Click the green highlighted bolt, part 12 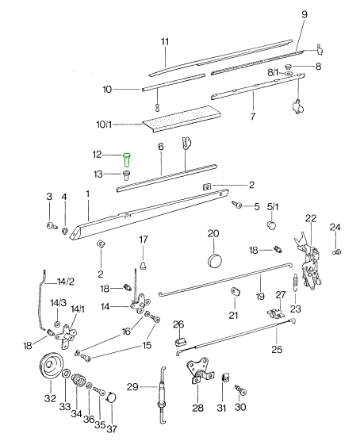click(x=127, y=159)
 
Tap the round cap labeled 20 click(x=215, y=260)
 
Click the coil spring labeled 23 click(x=295, y=282)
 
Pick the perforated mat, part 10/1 click(x=182, y=118)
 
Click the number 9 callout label click(x=304, y=14)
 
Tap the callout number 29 click(x=132, y=387)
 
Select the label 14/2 click(x=66, y=282)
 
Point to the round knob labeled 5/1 click(x=271, y=225)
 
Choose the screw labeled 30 click(x=240, y=390)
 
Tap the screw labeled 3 click(x=52, y=226)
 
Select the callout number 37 click(x=112, y=429)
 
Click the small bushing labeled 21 click(x=235, y=291)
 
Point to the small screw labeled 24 click(x=336, y=251)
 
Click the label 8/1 click(x=274, y=72)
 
